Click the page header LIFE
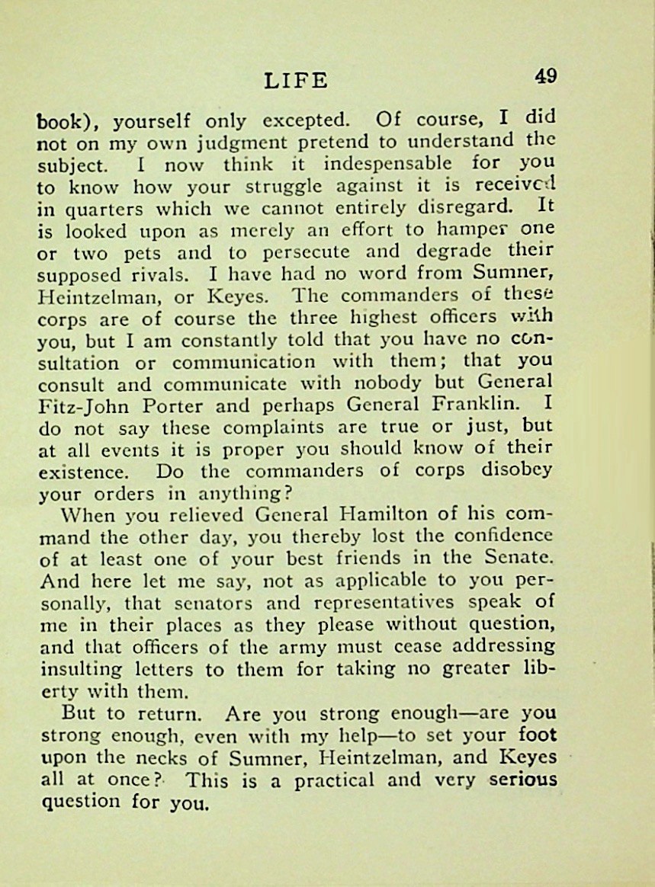[x=295, y=80]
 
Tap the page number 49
[x=545, y=76]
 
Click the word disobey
[x=516, y=471]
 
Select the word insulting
[x=80, y=669]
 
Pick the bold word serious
[x=523, y=780]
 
